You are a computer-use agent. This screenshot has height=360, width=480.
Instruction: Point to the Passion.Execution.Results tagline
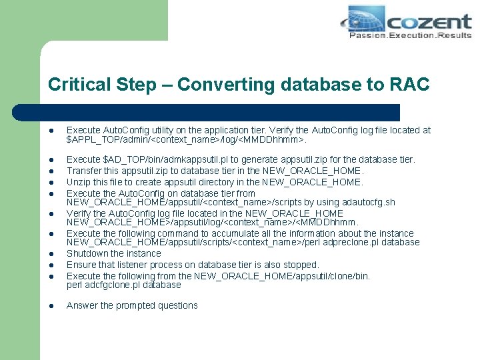409,35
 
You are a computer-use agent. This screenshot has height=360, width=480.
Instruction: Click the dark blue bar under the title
220,112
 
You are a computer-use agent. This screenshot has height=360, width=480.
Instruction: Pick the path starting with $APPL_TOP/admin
187,140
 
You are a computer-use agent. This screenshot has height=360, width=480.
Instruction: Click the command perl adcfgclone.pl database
124,285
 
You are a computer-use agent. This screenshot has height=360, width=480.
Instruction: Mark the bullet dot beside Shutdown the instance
51,254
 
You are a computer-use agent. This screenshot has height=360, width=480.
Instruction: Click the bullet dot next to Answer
51,306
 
